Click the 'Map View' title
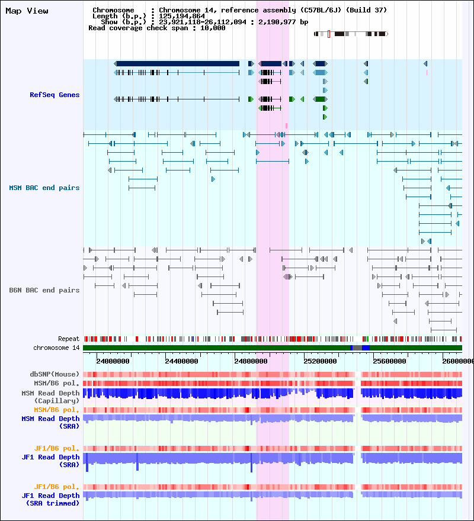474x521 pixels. point(27,11)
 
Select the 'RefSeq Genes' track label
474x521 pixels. point(55,95)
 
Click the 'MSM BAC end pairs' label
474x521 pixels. point(44,188)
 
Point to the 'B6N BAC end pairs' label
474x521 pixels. point(44,290)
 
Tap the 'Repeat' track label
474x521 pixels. point(69,339)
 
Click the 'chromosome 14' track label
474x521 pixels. point(56,348)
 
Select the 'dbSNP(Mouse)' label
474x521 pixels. point(55,374)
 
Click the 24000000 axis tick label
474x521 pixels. point(113,361)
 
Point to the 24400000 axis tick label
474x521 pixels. point(182,361)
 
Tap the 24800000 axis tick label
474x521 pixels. point(251,361)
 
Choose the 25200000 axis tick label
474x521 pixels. point(320,361)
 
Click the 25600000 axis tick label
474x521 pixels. point(389,361)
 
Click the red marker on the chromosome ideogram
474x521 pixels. point(329,34)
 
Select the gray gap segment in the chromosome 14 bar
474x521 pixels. point(357,348)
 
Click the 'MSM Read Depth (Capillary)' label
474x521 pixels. point(50,397)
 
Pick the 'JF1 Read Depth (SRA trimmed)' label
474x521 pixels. point(50,500)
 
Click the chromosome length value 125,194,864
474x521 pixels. point(182,16)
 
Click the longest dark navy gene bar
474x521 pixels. point(177,63)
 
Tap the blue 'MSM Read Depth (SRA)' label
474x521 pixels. point(50,422)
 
